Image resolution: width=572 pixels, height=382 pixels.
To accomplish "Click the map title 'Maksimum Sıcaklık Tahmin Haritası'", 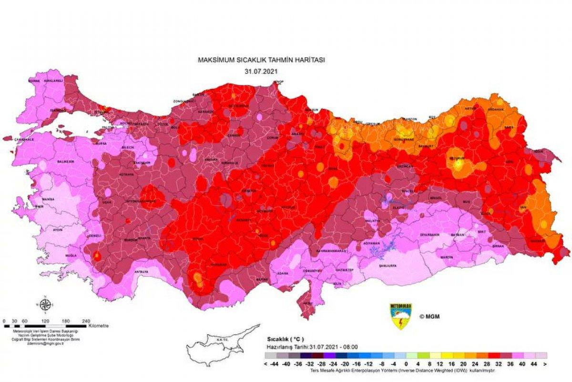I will tap(261, 60).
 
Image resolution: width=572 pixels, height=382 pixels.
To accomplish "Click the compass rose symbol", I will tap(45, 305).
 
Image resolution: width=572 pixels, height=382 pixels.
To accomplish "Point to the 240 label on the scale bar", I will tap(86, 321).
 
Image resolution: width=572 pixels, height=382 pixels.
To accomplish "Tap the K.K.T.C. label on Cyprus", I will tap(220, 340).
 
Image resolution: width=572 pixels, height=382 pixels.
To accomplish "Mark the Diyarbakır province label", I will tap(430, 234).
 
